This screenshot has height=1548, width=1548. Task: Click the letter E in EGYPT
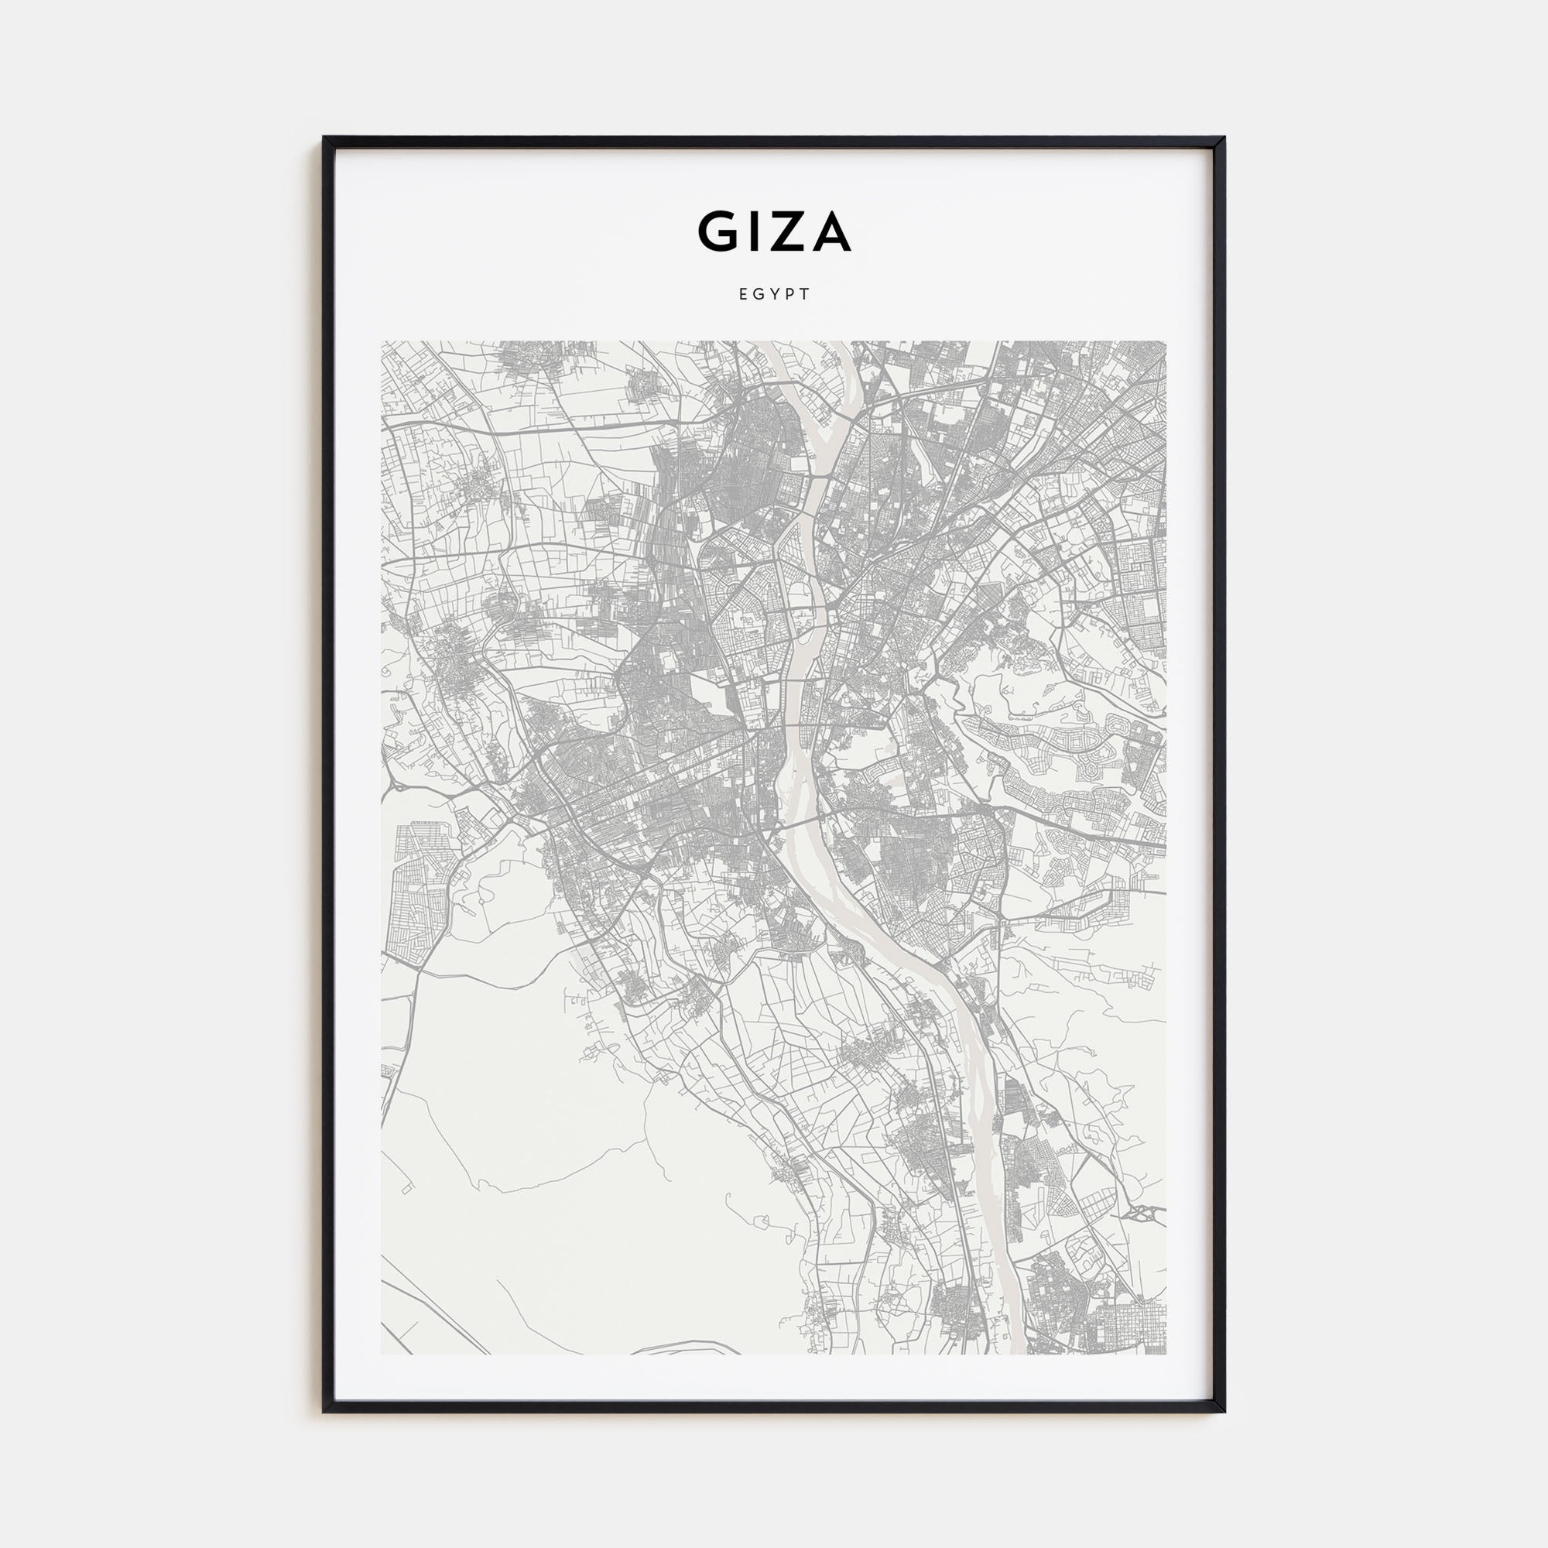pyautogui.click(x=743, y=294)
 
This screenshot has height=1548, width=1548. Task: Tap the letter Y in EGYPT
pyautogui.click(x=774, y=294)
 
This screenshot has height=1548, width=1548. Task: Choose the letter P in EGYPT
pyautogui.click(x=789, y=294)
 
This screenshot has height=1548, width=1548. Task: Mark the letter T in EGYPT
pyautogui.click(x=805, y=294)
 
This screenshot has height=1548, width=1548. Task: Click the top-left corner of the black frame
pyautogui.click(x=324, y=138)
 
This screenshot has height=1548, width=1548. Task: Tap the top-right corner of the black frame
pyautogui.click(x=1224, y=138)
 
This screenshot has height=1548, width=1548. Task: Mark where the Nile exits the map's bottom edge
pyautogui.click(x=1016, y=1352)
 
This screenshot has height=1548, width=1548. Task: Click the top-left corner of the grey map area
pyautogui.click(x=382, y=342)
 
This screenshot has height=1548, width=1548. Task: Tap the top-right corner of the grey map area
pyautogui.click(x=1166, y=342)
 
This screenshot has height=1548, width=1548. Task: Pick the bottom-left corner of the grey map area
pyautogui.click(x=382, y=1354)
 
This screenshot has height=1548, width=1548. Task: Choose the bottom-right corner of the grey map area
pyautogui.click(x=1166, y=1354)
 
